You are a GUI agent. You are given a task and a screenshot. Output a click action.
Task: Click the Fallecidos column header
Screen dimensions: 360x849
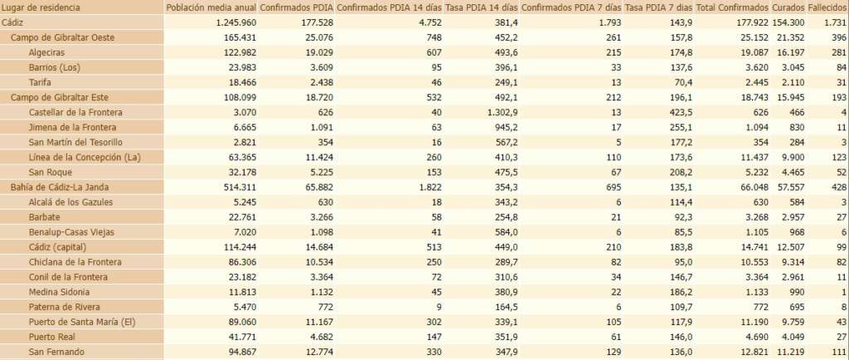pos(826,7)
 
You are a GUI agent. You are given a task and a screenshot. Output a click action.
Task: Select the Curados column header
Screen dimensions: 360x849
pos(787,7)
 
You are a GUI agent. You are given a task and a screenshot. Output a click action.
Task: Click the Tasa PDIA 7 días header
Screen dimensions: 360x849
pos(658,7)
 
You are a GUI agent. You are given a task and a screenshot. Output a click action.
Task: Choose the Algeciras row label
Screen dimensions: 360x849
pos(47,52)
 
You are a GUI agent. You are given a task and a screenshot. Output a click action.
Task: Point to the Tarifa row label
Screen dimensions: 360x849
pos(40,82)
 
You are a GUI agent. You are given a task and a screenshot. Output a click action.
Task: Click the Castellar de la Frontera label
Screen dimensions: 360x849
pos(75,112)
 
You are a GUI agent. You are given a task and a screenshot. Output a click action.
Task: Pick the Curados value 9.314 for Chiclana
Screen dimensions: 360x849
pos(793,261)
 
